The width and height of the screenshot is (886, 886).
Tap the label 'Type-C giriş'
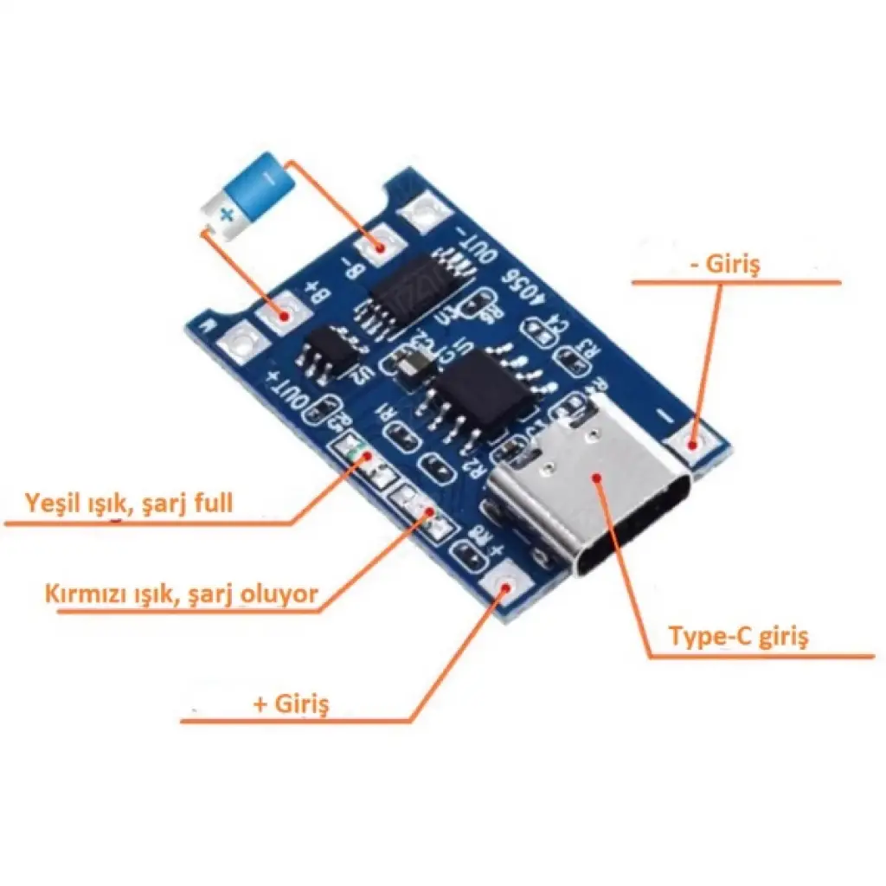738,638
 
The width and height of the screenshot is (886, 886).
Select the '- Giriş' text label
725,266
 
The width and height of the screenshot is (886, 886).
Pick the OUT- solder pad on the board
426,212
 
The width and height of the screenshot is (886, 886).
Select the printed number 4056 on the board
523,290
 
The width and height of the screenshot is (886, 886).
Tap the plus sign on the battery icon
226,214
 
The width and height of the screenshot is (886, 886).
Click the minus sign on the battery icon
269,178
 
